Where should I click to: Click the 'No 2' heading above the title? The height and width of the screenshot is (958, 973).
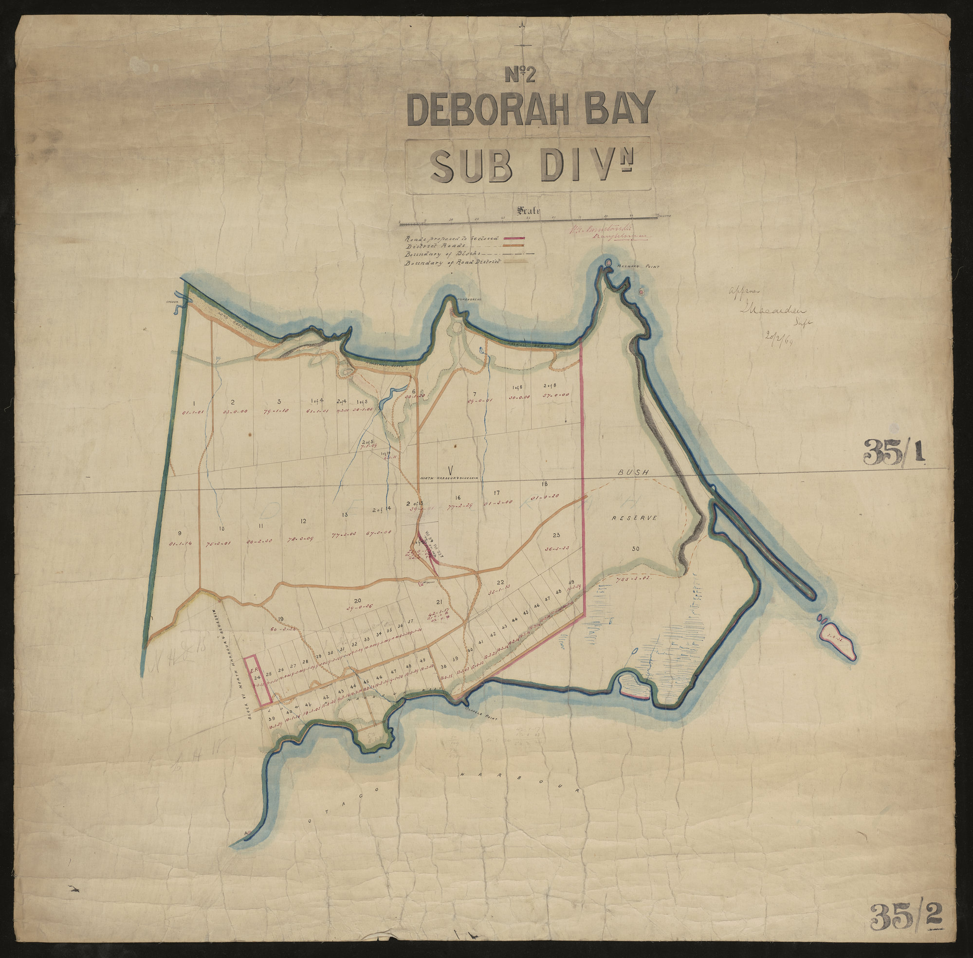[524, 74]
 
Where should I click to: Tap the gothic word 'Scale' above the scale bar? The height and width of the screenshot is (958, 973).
[527, 211]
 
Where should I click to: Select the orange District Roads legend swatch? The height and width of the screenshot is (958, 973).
[518, 247]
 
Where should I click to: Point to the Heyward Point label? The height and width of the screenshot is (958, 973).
[639, 268]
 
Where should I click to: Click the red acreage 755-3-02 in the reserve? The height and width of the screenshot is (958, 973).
[633, 579]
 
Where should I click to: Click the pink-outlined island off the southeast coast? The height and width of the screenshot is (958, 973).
[839, 639]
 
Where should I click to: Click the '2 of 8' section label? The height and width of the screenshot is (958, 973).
[550, 385]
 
